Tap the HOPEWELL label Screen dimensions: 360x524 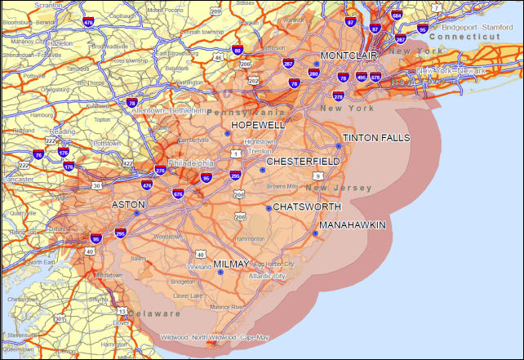click(258, 125)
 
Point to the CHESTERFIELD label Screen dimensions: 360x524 click(303, 162)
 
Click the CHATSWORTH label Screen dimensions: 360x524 click(306, 207)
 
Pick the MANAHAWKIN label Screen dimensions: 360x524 click(352, 224)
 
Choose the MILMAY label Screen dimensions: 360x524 click(233, 264)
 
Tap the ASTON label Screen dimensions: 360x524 click(128, 204)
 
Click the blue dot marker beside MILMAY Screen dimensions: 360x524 click(220, 272)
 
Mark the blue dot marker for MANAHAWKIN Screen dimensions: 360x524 click(315, 233)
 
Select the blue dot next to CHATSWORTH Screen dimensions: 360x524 click(269, 208)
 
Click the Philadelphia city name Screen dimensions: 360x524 click(193, 162)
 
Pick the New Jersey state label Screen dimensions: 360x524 click(343, 188)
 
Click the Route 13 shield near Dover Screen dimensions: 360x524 click(121, 312)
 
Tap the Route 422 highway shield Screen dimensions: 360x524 click(128, 163)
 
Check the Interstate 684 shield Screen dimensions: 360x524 click(397, 15)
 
